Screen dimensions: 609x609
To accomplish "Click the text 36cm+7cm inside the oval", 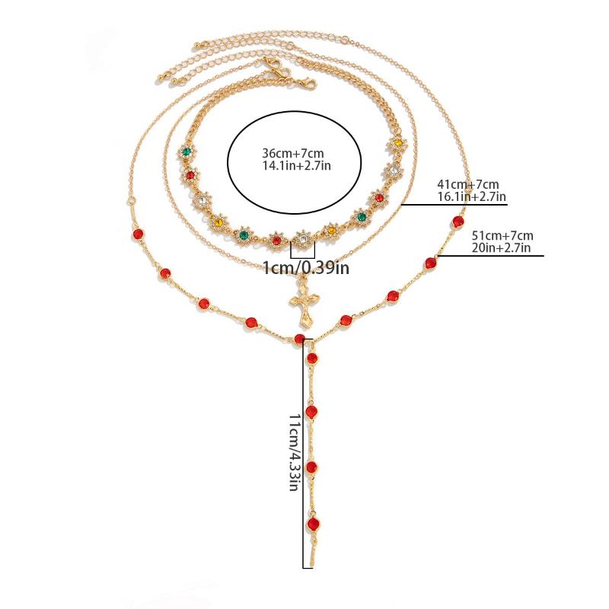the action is (x=293, y=153).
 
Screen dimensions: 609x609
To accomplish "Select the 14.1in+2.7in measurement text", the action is (x=297, y=165).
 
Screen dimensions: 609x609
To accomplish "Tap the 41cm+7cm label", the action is (x=468, y=184).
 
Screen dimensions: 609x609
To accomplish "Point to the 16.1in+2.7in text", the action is (x=472, y=196).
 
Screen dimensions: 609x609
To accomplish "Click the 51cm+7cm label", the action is (x=502, y=235).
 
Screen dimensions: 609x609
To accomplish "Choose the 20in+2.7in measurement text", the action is (x=501, y=247).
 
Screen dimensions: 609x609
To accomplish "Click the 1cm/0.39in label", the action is (x=306, y=268).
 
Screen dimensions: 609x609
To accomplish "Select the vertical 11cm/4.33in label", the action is (x=295, y=452).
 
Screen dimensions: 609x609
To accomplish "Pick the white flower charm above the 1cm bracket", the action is (x=302, y=239).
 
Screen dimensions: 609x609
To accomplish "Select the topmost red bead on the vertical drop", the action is (x=312, y=358).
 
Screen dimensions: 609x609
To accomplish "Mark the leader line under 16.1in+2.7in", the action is (x=454, y=204).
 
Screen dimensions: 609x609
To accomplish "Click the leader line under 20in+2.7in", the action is (x=490, y=256).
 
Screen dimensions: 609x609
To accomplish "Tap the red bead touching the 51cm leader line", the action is (x=430, y=263).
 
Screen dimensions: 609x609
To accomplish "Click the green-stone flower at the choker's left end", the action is (x=186, y=151).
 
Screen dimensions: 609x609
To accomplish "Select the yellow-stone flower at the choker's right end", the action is (x=398, y=143).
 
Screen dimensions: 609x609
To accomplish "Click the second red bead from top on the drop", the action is (x=311, y=412).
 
